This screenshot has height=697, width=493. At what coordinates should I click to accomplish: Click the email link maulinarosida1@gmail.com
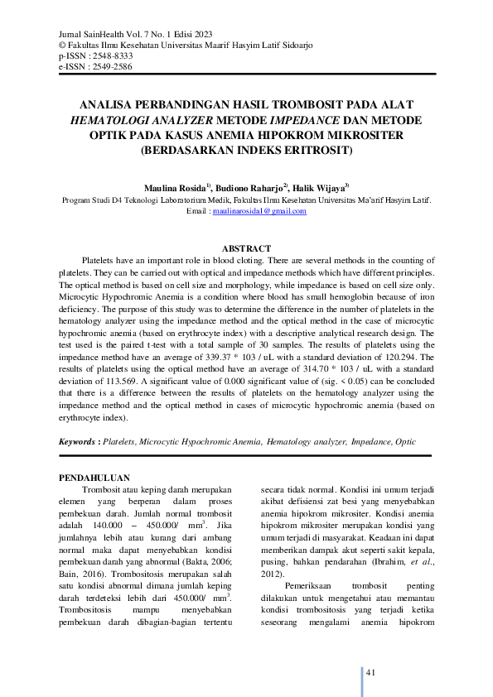(x=259, y=211)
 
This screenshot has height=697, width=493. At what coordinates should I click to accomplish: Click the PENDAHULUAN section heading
(x=95, y=478)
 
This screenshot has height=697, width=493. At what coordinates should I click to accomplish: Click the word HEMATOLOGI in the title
(x=114, y=121)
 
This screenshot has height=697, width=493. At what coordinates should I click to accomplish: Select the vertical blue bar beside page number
(x=362, y=678)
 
